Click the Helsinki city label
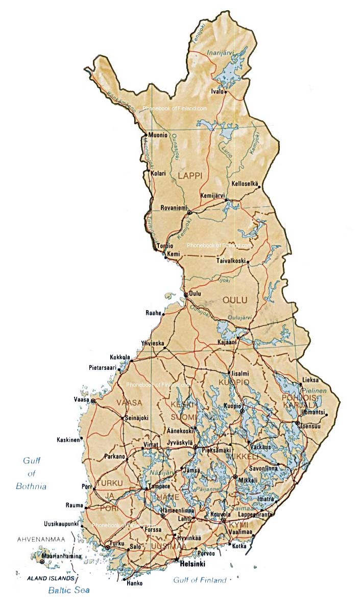coord(192,564)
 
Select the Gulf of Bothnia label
coord(31,473)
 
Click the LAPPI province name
coord(190,175)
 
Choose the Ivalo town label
coord(218,91)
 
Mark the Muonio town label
coord(158,135)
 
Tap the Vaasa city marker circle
coord(93,402)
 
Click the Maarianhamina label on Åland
coord(61,556)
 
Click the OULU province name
coord(234,300)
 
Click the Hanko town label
coord(134,583)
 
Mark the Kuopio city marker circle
coord(243,411)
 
